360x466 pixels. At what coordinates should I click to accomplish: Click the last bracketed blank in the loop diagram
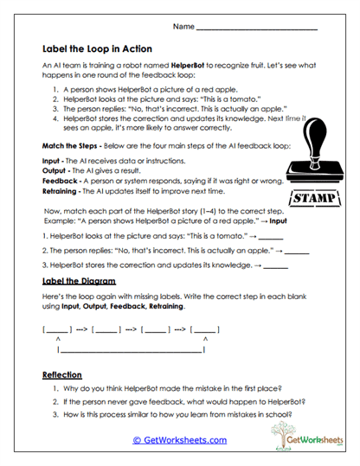tap(205, 329)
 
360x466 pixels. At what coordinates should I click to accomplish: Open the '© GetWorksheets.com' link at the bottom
tap(179, 439)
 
